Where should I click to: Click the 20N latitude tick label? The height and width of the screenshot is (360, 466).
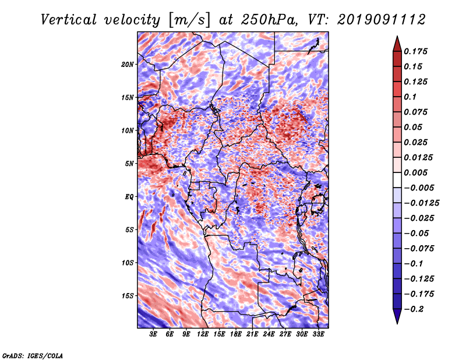coord(128,64)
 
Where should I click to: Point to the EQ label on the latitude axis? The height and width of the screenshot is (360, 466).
coord(129,197)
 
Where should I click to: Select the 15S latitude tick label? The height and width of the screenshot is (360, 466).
coord(128,296)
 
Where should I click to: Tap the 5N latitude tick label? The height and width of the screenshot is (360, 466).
coord(129,164)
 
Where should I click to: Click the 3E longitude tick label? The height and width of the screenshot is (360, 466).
coord(153,334)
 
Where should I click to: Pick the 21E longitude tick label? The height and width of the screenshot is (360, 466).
coord(252,334)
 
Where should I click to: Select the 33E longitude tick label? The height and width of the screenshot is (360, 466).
coord(318,334)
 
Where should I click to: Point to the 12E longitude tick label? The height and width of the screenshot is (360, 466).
coord(203,334)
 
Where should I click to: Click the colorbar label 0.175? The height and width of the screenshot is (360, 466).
coord(415,51)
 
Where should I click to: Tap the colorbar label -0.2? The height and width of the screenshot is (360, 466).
coord(414,309)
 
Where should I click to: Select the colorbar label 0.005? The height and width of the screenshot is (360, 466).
coord(415,172)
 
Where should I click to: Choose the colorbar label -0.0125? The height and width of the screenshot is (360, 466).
coord(421,203)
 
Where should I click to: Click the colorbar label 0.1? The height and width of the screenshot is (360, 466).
coord(410,97)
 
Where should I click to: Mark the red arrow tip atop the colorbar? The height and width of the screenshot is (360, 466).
coord(397,37)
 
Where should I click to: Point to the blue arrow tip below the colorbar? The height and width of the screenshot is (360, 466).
coord(397,323)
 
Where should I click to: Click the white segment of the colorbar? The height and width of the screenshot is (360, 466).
coord(397,180)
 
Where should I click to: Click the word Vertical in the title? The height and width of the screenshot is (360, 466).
coord(69,20)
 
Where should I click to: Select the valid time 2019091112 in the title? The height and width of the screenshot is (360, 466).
coord(382,20)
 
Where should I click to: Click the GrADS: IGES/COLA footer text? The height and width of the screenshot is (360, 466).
coord(33,356)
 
